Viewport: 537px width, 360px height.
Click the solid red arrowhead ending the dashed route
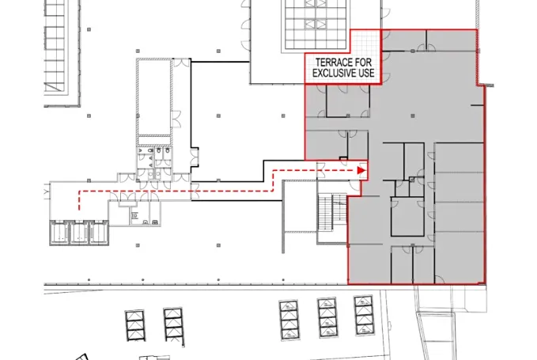pyautogui.click(x=361, y=169)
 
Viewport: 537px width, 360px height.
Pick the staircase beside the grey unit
pyautogui.click(x=330, y=214)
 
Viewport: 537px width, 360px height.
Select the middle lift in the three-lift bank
pyautogui.click(x=80, y=233)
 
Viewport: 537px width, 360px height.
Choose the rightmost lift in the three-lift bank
pyautogui.click(x=98, y=233)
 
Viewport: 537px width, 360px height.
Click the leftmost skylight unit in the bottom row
pyautogui.click(x=135, y=325)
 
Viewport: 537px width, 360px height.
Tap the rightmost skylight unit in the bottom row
pyautogui.click(x=364, y=315)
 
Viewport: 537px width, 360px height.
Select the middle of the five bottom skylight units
pyautogui.click(x=289, y=319)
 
